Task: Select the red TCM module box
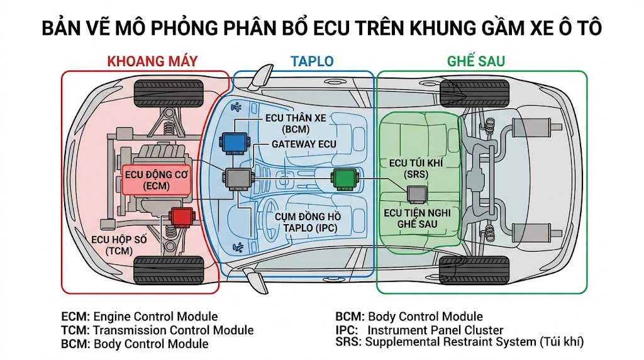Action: [182, 217]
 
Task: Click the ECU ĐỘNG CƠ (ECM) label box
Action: [152, 180]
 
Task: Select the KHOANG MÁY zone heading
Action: [152, 61]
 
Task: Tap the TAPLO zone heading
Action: [312, 61]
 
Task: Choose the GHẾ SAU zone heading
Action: [476, 61]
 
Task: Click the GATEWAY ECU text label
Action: [304, 143]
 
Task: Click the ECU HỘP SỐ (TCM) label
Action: [119, 245]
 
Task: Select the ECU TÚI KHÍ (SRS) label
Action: [416, 167]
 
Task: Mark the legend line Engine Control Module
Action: [139, 317]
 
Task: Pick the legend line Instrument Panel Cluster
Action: [419, 330]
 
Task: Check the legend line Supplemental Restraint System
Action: [460, 342]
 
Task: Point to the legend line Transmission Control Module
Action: [157, 330]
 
